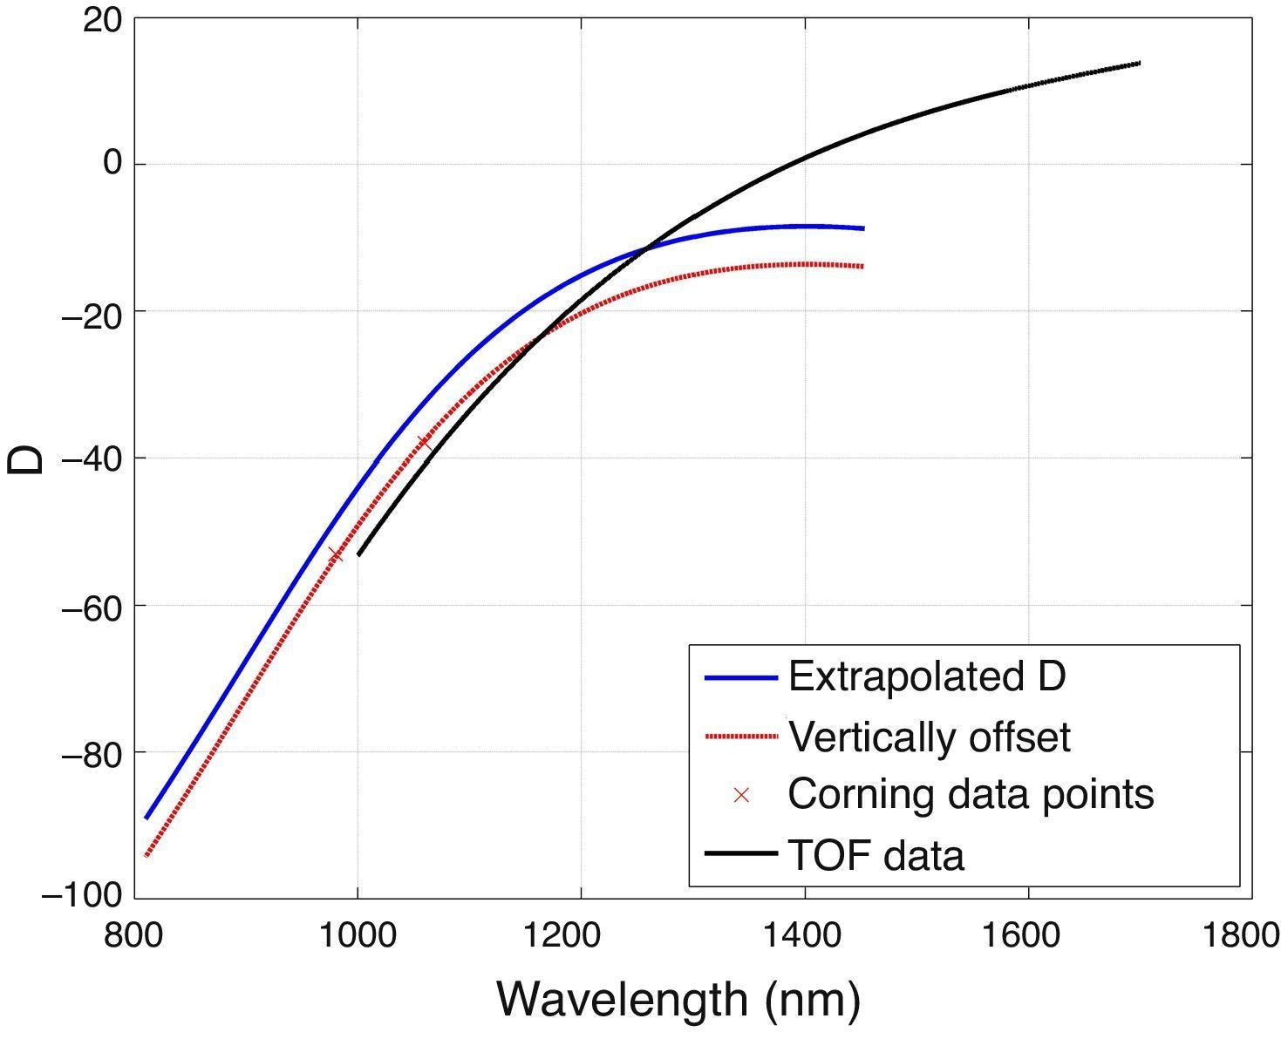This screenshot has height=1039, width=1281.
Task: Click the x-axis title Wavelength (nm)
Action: point(678,999)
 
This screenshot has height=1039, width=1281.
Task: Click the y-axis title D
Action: point(26,459)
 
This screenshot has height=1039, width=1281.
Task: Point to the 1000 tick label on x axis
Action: point(358,935)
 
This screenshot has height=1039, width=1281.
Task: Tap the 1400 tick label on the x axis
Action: point(805,935)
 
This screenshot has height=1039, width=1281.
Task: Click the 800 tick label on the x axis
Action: point(134,935)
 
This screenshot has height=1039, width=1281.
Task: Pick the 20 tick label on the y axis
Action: point(102,19)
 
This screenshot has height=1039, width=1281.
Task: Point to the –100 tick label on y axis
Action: point(82,896)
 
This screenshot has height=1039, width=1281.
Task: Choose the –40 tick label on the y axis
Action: point(91,458)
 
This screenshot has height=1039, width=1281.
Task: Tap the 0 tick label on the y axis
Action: point(113,164)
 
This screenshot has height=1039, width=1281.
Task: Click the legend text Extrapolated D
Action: point(926,676)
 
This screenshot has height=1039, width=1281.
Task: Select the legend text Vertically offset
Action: point(929,737)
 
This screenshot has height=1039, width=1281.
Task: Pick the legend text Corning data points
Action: point(971,794)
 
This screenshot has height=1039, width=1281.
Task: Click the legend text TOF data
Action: point(876,855)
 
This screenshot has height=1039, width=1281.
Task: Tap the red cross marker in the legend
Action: point(741,795)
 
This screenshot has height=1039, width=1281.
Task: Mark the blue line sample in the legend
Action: point(740,677)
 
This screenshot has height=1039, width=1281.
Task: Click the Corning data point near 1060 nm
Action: point(424,443)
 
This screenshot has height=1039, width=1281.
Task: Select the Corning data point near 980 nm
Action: point(335,554)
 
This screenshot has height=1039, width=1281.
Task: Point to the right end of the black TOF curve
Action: point(1139,63)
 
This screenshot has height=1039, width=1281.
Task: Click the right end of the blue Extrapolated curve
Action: point(862,228)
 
